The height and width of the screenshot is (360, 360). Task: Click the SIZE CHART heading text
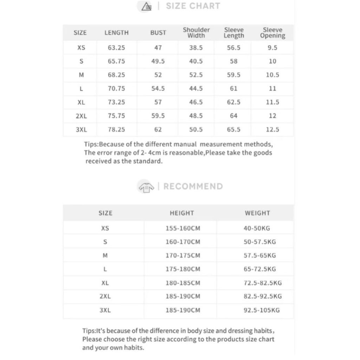click(193, 6)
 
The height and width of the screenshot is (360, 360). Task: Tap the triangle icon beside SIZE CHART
click(146, 6)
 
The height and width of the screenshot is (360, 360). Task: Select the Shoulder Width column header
click(196, 32)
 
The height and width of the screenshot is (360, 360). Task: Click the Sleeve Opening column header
click(272, 32)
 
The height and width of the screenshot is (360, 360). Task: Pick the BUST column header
click(158, 33)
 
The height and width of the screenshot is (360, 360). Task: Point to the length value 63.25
click(116, 48)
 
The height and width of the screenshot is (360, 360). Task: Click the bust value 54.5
click(158, 89)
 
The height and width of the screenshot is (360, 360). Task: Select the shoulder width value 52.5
click(196, 75)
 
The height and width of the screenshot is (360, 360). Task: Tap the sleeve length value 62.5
click(234, 102)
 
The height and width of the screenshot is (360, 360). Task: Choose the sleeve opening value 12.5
click(272, 130)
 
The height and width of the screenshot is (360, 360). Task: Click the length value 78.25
click(116, 130)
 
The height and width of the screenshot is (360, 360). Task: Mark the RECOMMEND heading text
click(193, 186)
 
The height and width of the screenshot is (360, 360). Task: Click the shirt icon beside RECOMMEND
click(146, 187)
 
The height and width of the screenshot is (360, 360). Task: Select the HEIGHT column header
click(182, 213)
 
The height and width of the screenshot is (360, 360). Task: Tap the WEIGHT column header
click(257, 213)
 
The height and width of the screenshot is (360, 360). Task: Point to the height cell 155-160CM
click(183, 229)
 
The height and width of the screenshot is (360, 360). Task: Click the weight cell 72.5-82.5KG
click(263, 283)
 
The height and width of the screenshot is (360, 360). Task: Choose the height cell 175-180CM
click(183, 269)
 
